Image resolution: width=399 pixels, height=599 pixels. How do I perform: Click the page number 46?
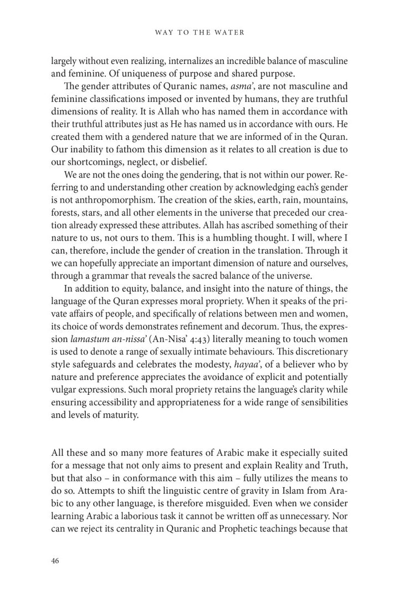coord(55,561)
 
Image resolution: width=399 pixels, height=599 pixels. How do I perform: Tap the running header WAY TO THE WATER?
coord(199,33)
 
